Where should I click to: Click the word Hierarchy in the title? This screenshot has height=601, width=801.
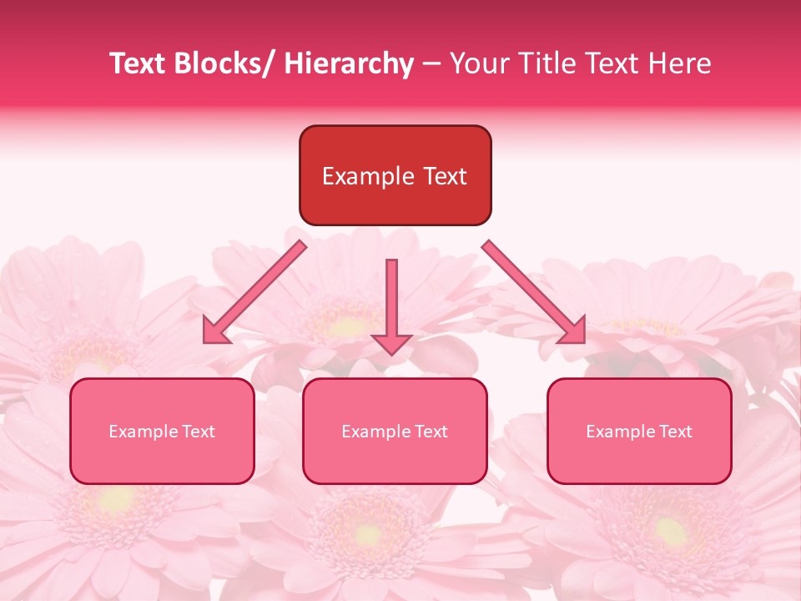pyautogui.click(x=349, y=63)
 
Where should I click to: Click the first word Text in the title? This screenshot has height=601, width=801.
pyautogui.click(x=139, y=63)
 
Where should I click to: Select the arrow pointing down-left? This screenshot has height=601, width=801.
pyautogui.click(x=254, y=292)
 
